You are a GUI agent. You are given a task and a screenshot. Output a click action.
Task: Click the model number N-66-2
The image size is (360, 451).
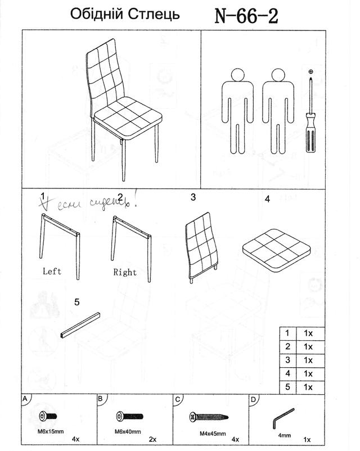point(246,15)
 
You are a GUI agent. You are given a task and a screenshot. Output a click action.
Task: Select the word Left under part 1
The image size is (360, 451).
point(52,270)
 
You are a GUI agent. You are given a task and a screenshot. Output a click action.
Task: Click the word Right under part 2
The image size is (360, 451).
point(125,272)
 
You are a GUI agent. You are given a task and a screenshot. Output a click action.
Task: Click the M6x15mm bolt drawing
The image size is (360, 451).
point(47,417)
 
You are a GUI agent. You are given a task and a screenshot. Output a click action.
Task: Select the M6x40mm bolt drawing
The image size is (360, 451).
point(128,417)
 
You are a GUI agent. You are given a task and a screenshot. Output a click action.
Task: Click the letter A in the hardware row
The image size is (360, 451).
point(25,399)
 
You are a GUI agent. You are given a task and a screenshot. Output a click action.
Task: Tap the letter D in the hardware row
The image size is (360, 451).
point(253,400)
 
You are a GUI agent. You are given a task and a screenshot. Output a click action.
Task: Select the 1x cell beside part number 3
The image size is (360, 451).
point(308,359)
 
